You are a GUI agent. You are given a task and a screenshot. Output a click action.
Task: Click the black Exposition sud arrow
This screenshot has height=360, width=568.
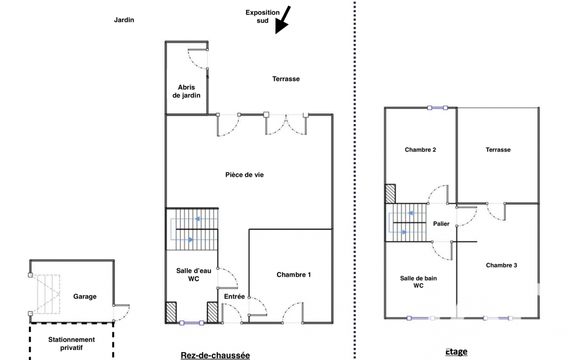[x=283, y=20]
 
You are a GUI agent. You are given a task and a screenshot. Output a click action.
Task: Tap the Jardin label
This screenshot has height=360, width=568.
[x=124, y=20]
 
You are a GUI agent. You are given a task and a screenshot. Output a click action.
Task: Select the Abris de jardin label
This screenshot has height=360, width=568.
[x=186, y=91]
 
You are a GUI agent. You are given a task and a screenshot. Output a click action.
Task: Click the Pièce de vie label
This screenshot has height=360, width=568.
[x=244, y=175]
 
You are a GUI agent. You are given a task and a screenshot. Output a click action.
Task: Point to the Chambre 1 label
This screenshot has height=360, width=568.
[x=294, y=275]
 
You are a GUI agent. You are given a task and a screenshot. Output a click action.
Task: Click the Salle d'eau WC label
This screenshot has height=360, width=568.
[x=194, y=275]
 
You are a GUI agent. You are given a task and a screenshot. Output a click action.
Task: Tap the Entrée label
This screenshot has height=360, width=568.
[x=234, y=296]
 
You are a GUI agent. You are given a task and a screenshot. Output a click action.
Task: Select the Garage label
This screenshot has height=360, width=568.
[x=85, y=296]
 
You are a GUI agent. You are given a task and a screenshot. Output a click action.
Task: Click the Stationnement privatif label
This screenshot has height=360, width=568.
[x=71, y=344]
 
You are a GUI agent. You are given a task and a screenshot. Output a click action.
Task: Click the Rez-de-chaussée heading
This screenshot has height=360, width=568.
[x=215, y=355]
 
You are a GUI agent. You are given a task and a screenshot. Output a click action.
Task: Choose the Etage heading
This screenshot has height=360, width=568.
[x=456, y=351]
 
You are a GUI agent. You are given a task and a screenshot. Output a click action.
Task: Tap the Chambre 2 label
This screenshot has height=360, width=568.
[x=420, y=150]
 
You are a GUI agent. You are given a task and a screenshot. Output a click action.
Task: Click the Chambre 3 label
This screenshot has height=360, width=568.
[x=502, y=265]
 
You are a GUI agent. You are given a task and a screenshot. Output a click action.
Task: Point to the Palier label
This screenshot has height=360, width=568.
[x=441, y=224]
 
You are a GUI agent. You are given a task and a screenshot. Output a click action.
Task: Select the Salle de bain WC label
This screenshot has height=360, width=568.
[x=418, y=282]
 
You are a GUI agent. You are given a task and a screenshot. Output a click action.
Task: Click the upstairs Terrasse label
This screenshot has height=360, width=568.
[x=498, y=150]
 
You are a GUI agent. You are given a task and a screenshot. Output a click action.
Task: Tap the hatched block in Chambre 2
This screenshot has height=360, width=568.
[x=390, y=194]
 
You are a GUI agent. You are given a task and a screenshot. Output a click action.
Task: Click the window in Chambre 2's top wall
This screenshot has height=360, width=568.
[x=438, y=107]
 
